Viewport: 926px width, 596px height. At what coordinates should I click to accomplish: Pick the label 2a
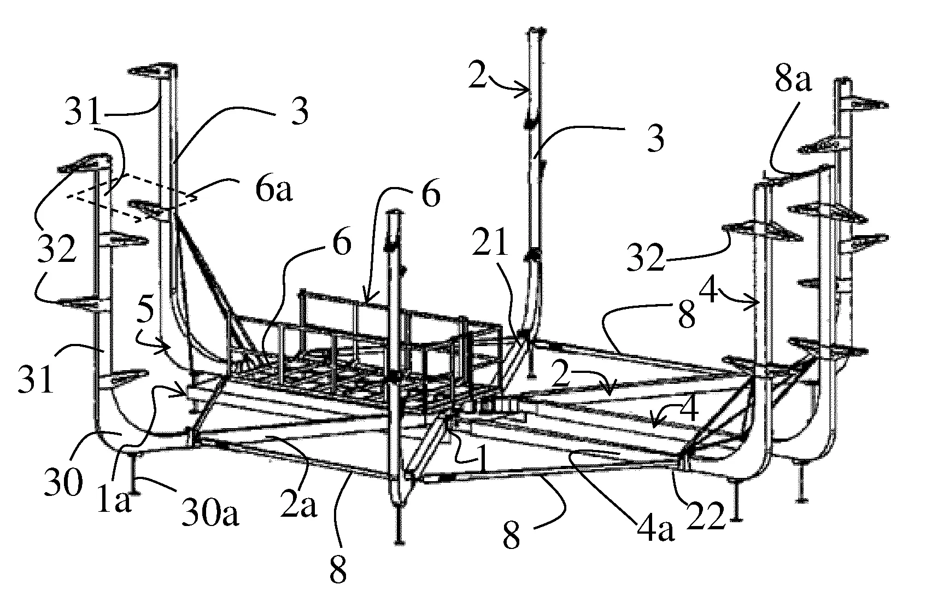[x=299, y=506]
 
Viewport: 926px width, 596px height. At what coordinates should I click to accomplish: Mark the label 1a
[x=115, y=501]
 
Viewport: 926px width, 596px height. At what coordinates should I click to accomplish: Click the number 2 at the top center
[x=477, y=78]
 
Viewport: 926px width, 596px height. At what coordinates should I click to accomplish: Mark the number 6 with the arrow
[x=431, y=196]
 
